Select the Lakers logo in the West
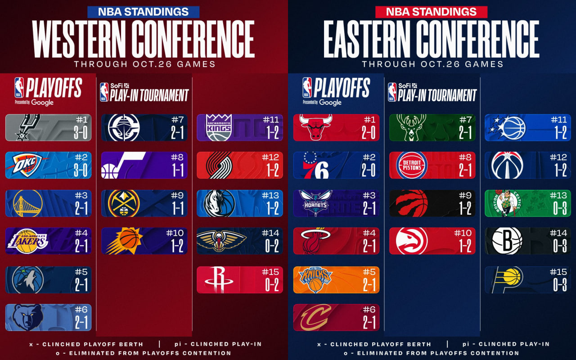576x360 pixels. (27, 241)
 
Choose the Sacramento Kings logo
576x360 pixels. (219, 127)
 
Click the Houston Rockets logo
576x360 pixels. (219, 279)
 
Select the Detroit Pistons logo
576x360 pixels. (411, 165)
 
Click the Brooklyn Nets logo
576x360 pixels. (507, 241)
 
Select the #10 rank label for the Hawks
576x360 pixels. (462, 234)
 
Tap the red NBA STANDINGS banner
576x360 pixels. (431, 12)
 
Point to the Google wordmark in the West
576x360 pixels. (43, 103)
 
